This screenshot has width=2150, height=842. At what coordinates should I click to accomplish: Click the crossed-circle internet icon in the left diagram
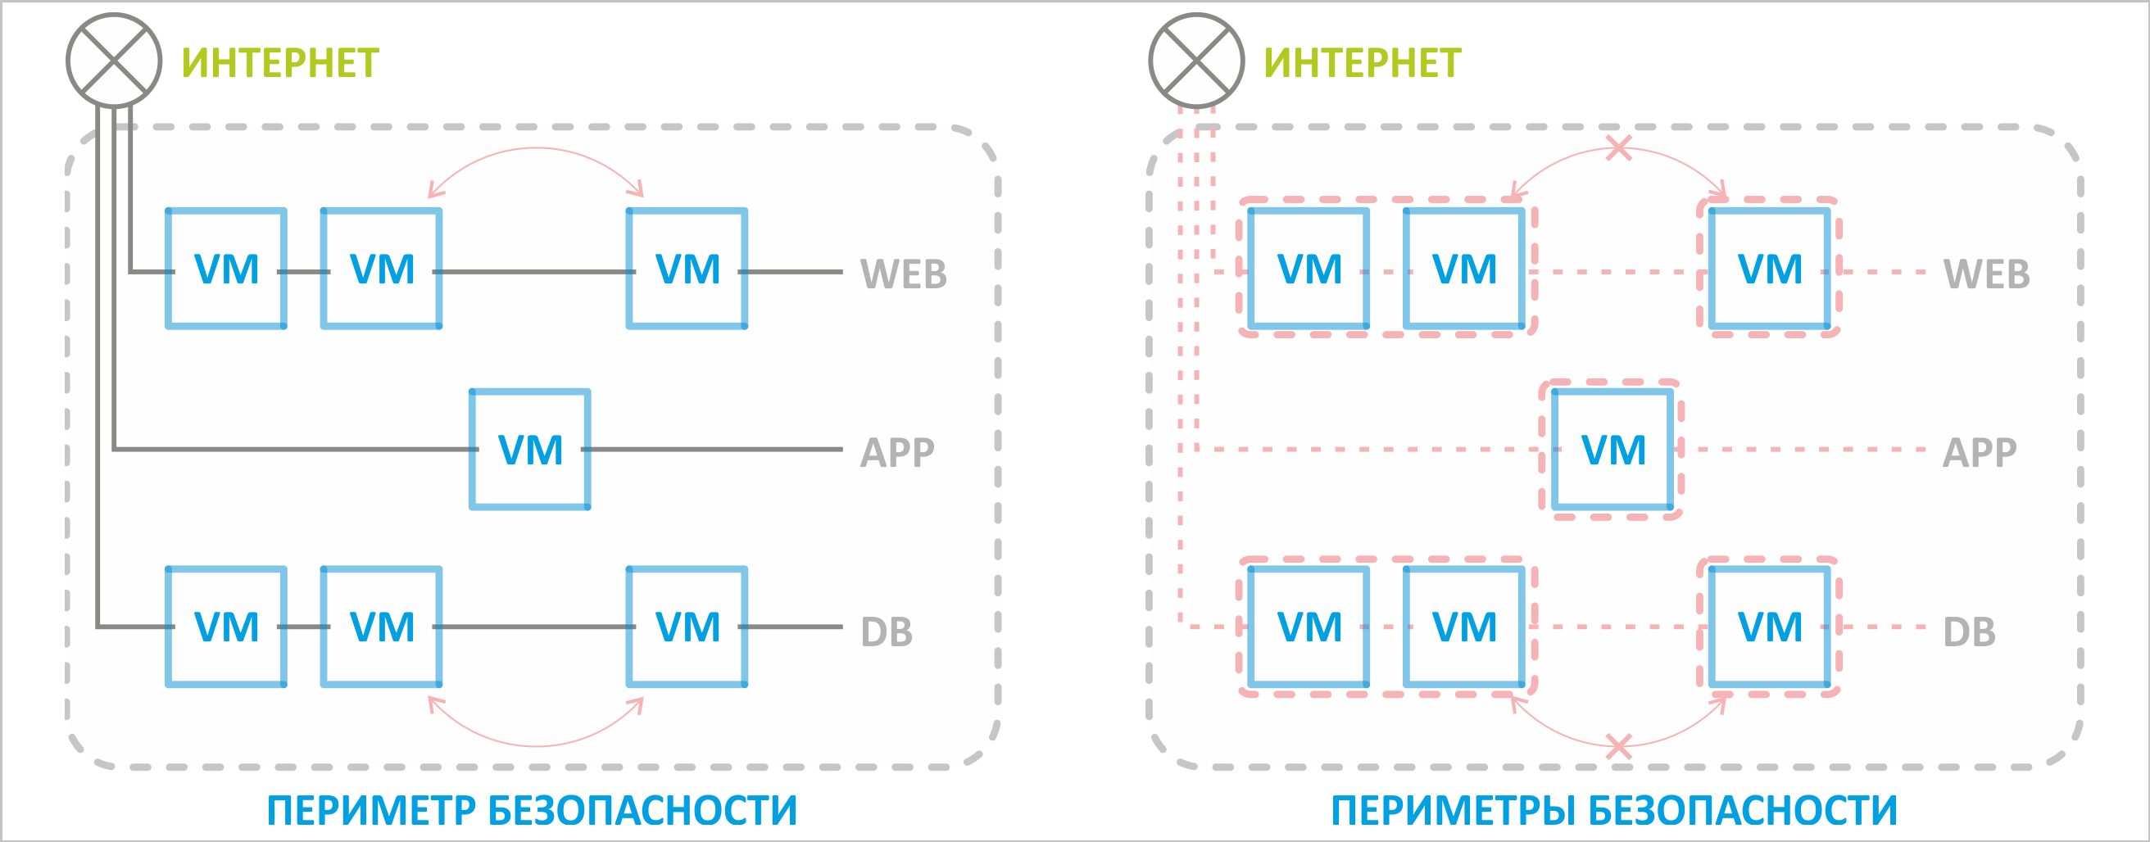point(114,60)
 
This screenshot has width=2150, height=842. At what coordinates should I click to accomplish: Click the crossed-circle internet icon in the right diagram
point(1196,60)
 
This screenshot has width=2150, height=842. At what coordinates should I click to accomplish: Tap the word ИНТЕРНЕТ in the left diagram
point(280,63)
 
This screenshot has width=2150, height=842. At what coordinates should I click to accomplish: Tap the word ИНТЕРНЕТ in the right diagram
point(1362,63)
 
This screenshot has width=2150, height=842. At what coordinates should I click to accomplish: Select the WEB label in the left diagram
point(903,274)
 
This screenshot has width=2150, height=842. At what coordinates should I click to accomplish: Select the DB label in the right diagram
point(1969,631)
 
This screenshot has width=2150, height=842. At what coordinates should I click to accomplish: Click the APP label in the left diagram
point(897,452)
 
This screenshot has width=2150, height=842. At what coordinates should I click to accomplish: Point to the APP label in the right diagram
point(1979,452)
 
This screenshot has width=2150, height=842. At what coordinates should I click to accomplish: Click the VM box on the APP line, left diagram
point(530,449)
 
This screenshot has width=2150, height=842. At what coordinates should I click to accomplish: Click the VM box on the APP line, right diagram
point(1612,449)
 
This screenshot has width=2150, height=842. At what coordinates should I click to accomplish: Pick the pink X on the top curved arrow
point(1618,148)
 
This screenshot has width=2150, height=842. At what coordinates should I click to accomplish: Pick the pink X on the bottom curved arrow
point(1618,746)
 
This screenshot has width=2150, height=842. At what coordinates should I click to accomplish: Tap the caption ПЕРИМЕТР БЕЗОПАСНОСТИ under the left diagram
point(532,810)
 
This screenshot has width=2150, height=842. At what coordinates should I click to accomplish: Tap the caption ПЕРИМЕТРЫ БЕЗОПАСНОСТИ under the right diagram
point(1613,810)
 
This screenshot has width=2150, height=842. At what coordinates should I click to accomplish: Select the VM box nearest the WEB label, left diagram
point(687,269)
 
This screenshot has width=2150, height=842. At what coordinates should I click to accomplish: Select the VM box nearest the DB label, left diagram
point(687,627)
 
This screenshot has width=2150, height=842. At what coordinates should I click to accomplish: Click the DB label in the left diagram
point(887,631)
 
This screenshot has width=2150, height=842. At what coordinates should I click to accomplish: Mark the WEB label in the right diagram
point(1986,274)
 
